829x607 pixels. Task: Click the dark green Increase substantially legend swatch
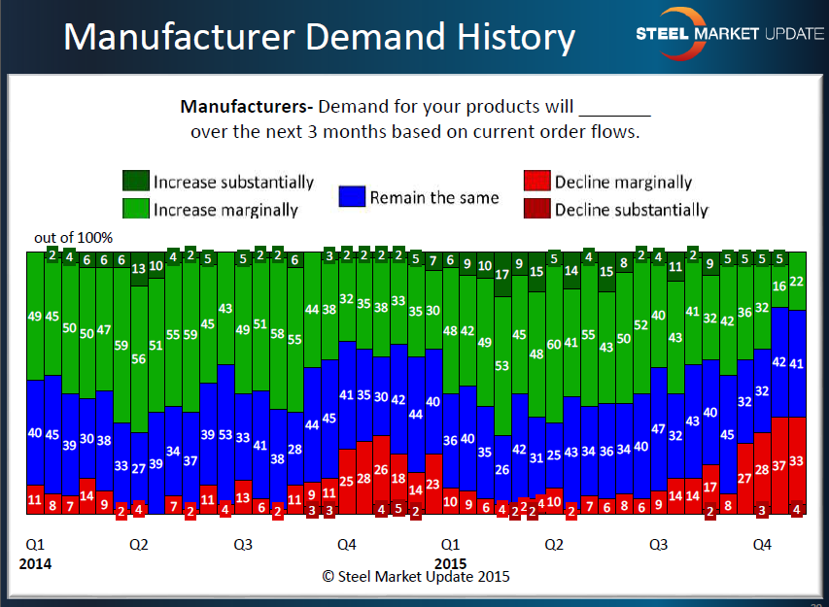pyautogui.click(x=135, y=182)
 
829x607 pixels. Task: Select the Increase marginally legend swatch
pyautogui.click(x=135, y=208)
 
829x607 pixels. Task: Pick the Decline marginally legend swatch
pyautogui.click(x=536, y=182)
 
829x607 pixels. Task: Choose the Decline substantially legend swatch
pyautogui.click(x=536, y=208)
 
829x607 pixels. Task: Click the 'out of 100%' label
pyautogui.click(x=74, y=238)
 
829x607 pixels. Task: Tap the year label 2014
pyautogui.click(x=35, y=563)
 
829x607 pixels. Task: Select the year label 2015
pyautogui.click(x=450, y=563)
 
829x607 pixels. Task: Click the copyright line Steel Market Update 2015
pyautogui.click(x=416, y=576)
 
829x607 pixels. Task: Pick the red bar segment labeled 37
pyautogui.click(x=778, y=465)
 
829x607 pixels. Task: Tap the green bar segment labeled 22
pyautogui.click(x=797, y=282)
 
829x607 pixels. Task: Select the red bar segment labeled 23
pyautogui.click(x=433, y=484)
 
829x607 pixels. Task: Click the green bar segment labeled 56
pyautogui.click(x=139, y=358)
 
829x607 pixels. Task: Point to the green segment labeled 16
pyautogui.click(x=778, y=286)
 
